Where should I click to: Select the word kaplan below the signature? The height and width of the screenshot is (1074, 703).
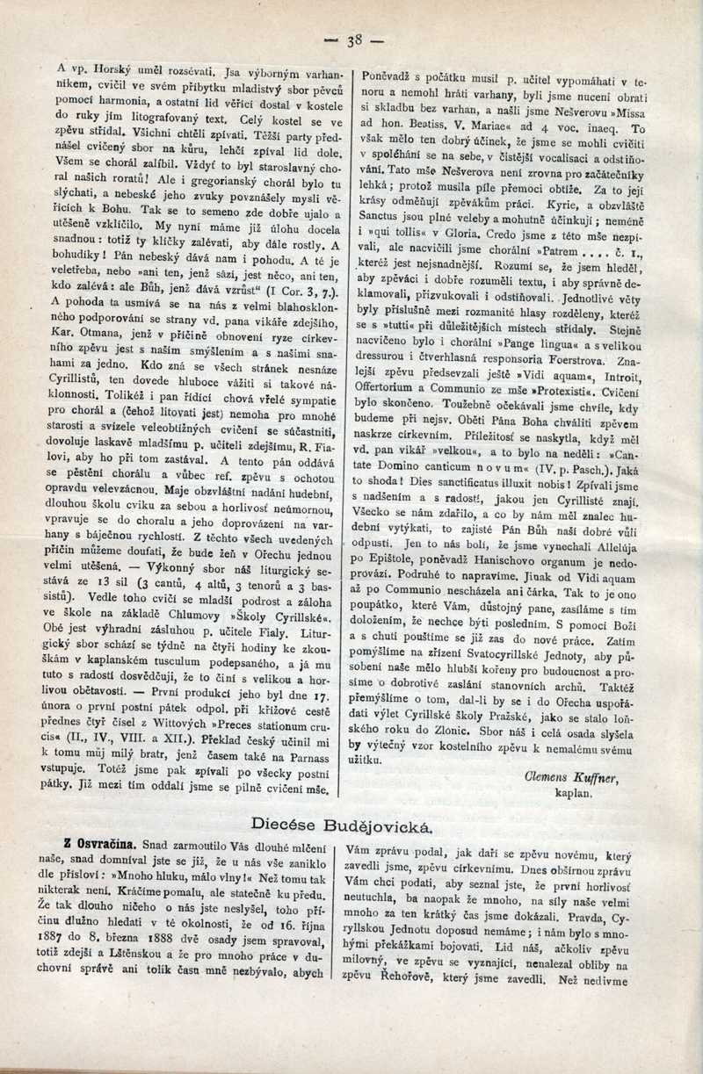point(575,793)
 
